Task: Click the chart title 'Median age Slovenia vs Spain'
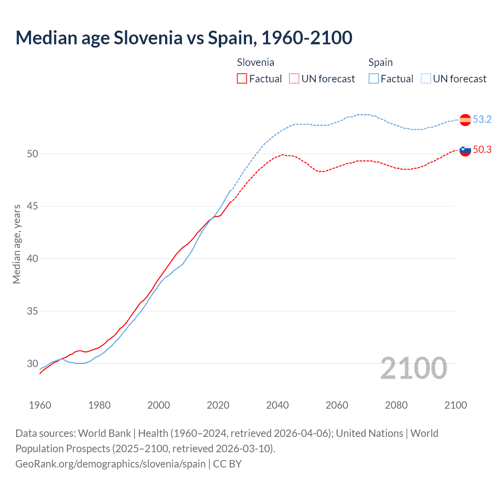click(184, 38)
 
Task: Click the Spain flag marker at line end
click(465, 120)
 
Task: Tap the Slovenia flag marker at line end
click(465, 150)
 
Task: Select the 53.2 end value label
click(482, 119)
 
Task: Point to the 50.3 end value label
click(482, 149)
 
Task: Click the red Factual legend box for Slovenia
click(242, 79)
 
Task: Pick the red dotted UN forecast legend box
click(294, 79)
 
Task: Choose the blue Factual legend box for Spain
click(374, 79)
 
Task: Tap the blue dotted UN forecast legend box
click(426, 79)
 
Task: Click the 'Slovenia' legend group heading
click(255, 62)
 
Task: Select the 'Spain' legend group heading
click(380, 62)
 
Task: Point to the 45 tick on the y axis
click(33, 206)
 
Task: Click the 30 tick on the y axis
click(33, 364)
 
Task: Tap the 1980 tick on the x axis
click(99, 405)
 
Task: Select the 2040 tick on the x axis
click(277, 405)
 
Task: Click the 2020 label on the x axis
click(218, 405)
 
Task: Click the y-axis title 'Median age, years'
click(16, 244)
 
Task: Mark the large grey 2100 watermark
click(413, 368)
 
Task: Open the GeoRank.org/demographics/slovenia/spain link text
click(111, 464)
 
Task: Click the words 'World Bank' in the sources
click(104, 433)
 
